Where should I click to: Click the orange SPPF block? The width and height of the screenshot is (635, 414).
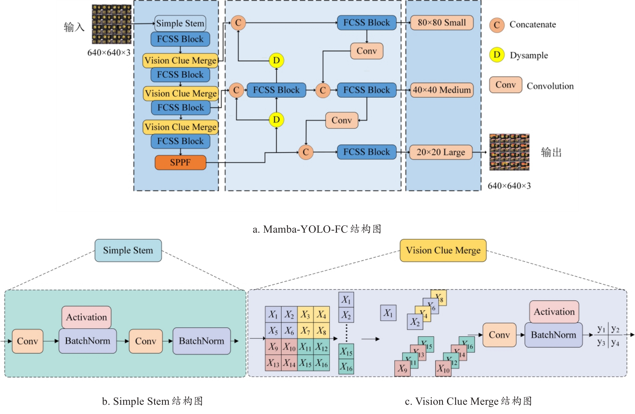(180, 162)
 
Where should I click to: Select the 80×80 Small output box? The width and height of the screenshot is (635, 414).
(442, 23)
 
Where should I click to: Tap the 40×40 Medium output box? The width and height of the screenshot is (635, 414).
(442, 90)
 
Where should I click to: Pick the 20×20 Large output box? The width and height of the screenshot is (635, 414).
(441, 152)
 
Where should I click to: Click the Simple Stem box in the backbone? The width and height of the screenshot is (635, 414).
(180, 23)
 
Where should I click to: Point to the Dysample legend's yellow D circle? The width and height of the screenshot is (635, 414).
(497, 55)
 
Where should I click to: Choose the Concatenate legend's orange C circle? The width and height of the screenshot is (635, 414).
(497, 25)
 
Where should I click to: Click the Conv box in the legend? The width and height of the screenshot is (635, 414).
(505, 85)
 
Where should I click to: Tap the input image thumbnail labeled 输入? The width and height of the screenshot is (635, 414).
(111, 24)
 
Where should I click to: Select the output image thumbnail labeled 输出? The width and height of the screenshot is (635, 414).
(509, 152)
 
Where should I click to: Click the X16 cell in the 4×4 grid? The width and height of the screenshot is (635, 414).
(321, 363)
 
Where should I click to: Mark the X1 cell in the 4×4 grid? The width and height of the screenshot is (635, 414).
(273, 314)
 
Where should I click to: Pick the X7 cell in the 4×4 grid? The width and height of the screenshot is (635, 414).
(305, 331)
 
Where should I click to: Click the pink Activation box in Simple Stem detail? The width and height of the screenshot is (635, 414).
(86, 317)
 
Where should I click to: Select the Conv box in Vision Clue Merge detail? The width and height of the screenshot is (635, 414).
(499, 335)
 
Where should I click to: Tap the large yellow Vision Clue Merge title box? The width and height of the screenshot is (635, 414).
(443, 251)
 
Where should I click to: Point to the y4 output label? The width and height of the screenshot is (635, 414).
(615, 343)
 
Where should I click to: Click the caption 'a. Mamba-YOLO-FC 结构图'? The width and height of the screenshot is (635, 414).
(317, 229)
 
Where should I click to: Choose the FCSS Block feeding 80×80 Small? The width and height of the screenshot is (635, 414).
(366, 23)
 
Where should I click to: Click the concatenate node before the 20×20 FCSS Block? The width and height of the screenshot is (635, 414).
(306, 152)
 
